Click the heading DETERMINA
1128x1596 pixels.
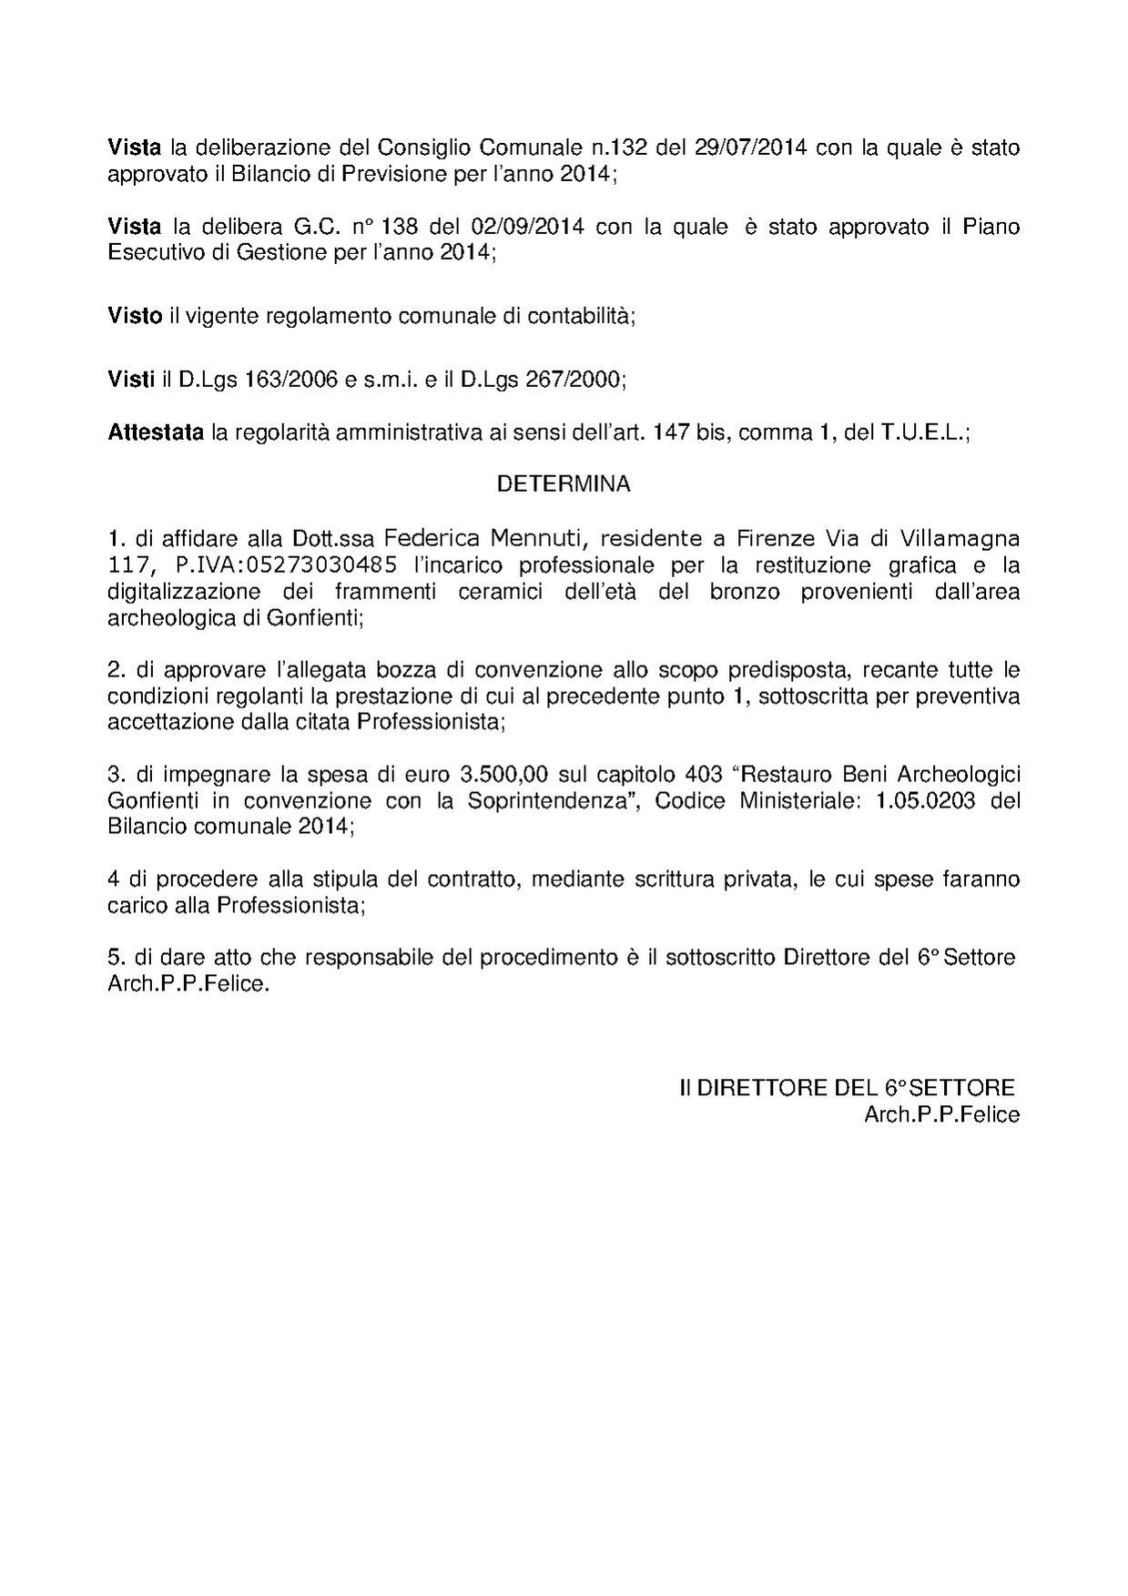tap(563, 484)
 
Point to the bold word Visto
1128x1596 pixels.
tap(135, 316)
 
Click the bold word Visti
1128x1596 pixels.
tap(131, 381)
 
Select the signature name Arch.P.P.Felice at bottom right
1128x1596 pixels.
tap(941, 1114)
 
